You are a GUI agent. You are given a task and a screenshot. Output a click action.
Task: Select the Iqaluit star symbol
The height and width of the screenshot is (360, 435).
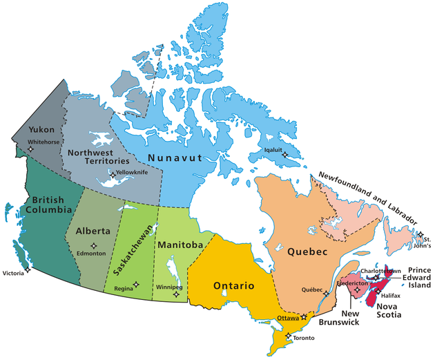(x=286, y=156)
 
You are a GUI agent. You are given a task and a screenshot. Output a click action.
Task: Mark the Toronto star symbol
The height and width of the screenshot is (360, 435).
(x=289, y=337)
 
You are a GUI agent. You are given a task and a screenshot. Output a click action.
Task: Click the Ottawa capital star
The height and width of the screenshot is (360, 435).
(x=304, y=316)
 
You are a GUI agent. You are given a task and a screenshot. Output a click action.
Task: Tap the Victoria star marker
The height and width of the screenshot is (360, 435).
(x=28, y=268)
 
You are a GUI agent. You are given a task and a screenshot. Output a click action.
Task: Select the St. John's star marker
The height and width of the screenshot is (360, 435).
(x=420, y=235)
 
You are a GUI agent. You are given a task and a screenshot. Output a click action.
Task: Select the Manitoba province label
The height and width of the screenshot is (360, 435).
(x=180, y=245)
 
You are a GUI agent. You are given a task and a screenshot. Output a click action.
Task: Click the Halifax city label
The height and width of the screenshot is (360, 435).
(x=390, y=295)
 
